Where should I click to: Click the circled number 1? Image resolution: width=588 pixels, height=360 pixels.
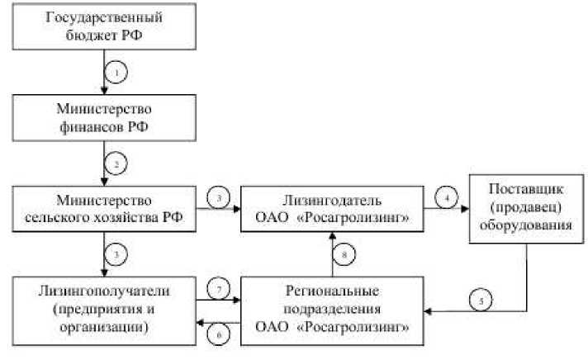(118, 74)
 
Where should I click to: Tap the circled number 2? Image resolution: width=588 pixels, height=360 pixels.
(118, 164)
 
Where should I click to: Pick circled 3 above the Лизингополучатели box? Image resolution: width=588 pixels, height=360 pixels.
(118, 254)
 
